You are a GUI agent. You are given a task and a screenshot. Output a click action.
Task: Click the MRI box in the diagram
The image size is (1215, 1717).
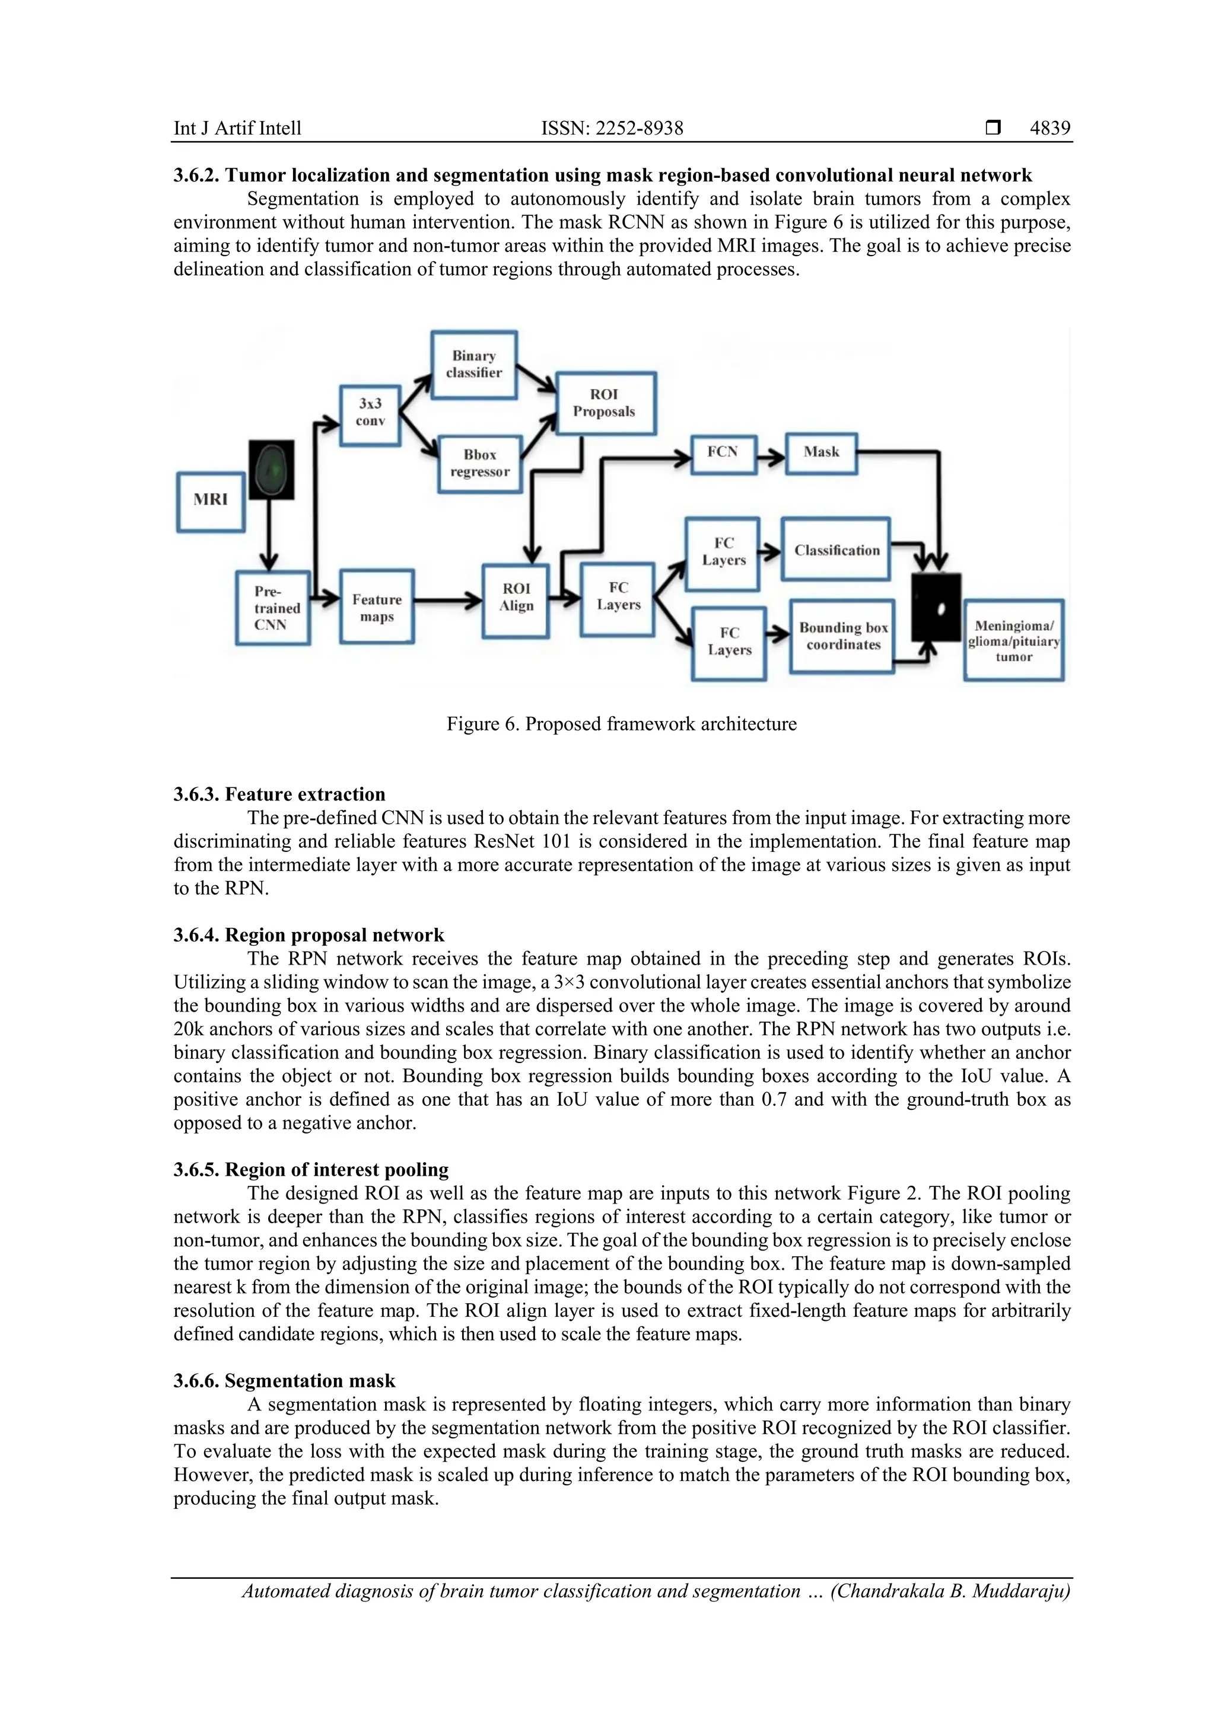pos(210,501)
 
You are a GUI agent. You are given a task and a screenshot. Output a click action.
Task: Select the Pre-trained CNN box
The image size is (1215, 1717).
pos(272,608)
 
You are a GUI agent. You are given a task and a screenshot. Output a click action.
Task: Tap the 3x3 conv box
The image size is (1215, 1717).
pos(370,415)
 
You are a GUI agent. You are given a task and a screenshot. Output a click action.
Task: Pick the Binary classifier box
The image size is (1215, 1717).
pos(473,365)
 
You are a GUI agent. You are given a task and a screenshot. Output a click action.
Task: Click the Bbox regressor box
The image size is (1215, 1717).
pos(479,464)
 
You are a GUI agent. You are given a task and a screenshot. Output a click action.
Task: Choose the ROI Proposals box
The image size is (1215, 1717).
pos(605,403)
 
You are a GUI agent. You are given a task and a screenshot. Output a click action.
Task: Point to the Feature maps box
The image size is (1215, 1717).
pos(377,607)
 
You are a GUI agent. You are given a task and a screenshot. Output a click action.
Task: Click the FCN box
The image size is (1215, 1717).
pos(723,453)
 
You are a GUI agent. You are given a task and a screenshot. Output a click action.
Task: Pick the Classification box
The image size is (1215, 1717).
pos(836,550)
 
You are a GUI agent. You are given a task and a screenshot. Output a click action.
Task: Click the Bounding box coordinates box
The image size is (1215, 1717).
pos(842,636)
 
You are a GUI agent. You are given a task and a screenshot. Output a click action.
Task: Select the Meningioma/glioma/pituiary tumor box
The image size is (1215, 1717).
pos(1014,640)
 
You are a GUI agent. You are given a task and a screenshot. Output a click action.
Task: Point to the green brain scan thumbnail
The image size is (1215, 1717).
pos(272,470)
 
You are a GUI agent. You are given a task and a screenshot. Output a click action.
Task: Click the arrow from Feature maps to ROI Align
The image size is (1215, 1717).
pos(447,600)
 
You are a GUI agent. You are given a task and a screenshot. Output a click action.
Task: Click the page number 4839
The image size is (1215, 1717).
pos(1049,128)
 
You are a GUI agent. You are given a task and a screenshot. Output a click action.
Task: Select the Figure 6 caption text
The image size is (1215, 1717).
pos(621,724)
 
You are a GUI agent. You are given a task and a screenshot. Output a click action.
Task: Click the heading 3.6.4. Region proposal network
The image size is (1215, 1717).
pos(308,935)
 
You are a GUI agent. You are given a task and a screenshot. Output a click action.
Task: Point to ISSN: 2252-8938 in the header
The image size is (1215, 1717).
pos(612,128)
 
